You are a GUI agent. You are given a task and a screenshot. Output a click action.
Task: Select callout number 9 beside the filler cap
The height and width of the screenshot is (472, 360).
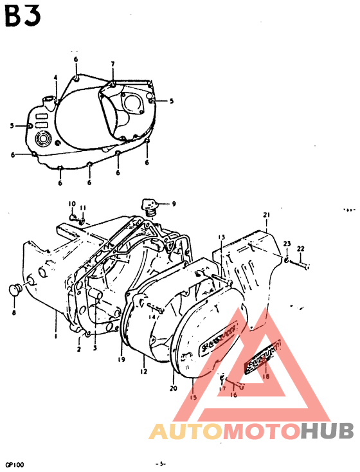(x=172, y=204)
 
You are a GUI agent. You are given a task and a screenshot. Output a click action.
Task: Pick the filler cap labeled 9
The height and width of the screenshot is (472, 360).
(x=150, y=205)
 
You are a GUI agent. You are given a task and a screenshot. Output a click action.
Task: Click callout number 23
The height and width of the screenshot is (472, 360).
(x=287, y=243)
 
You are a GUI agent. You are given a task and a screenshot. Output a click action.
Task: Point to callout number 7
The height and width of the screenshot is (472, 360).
(x=113, y=64)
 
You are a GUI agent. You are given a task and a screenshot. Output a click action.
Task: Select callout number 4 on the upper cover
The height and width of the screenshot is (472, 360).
(x=56, y=77)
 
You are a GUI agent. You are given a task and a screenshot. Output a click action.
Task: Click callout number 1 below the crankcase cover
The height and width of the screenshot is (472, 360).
(x=56, y=336)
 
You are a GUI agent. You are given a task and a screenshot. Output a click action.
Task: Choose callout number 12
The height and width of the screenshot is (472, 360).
(x=143, y=372)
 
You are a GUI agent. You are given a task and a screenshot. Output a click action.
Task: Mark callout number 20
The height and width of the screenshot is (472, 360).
(x=172, y=388)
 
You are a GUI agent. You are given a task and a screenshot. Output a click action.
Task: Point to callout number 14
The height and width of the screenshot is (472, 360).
(x=153, y=316)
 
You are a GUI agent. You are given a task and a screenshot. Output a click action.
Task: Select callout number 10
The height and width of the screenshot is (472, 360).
(x=72, y=203)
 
